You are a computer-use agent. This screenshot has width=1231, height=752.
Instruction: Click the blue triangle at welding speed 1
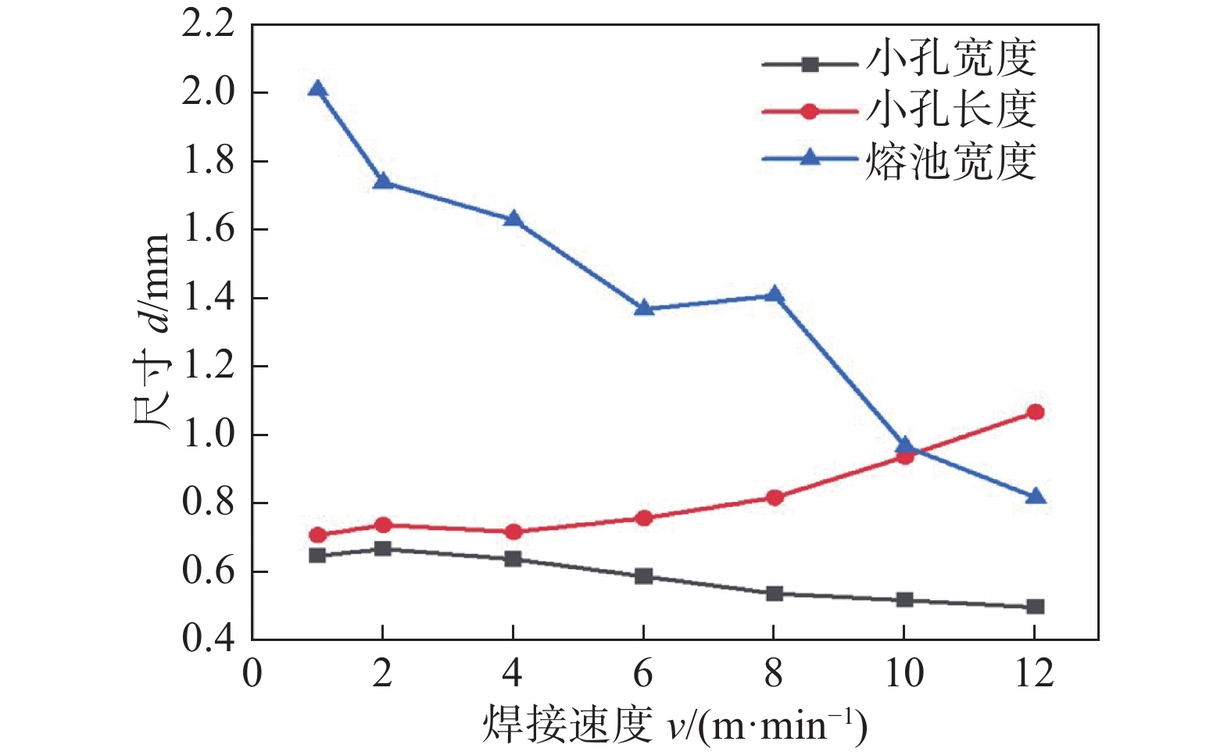point(317,89)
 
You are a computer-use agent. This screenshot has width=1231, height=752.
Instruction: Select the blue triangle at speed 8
point(774,295)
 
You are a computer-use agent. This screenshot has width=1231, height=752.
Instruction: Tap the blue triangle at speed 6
point(643,307)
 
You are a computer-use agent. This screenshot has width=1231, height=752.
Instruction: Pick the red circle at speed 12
point(1035,412)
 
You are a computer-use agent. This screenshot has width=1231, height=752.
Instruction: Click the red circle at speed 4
point(513,532)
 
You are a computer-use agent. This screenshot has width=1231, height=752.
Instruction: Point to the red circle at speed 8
point(774,498)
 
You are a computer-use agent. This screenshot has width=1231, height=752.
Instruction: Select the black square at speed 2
point(382,549)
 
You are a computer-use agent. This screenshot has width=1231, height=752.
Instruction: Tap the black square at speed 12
point(1035,607)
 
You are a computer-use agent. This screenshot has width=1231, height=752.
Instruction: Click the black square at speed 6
point(643,577)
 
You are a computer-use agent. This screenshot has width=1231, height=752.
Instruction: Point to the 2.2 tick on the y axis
point(208,24)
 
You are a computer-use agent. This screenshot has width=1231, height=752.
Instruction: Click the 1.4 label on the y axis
point(208,298)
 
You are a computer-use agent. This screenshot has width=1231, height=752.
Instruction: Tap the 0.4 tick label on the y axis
point(208,639)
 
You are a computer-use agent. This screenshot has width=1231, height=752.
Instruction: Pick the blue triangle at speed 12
point(1035,496)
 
